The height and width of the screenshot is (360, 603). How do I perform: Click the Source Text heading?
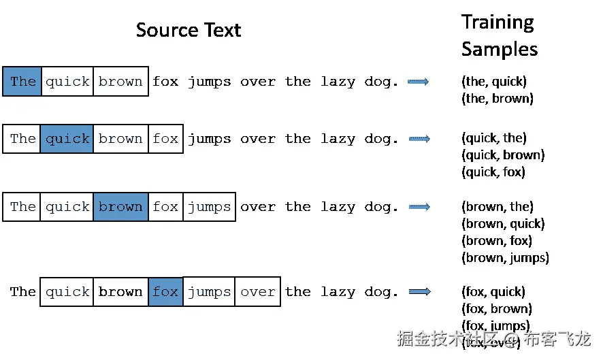click(x=189, y=31)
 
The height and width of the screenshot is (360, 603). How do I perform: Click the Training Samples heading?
click(x=499, y=35)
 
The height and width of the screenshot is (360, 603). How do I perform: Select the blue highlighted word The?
click(x=22, y=82)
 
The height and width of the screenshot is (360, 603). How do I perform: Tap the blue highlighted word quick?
click(x=67, y=139)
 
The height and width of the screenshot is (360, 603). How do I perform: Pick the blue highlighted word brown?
click(x=120, y=207)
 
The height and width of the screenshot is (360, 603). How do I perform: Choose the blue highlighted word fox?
click(x=165, y=292)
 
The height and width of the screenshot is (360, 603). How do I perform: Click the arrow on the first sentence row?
click(x=418, y=82)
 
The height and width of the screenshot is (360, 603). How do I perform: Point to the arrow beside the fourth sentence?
click(x=419, y=292)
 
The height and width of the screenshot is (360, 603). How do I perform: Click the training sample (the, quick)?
click(x=493, y=82)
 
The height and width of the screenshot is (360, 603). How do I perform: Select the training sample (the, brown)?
click(x=497, y=99)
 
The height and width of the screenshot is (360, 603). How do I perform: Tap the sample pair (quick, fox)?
click(x=493, y=172)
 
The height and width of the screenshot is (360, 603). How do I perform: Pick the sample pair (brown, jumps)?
click(x=505, y=258)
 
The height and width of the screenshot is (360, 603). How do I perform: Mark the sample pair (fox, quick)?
click(x=493, y=292)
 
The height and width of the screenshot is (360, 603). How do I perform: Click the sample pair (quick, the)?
click(x=493, y=138)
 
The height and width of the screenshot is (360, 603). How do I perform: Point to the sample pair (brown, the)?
click(x=497, y=207)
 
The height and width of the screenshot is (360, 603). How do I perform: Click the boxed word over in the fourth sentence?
click(x=258, y=292)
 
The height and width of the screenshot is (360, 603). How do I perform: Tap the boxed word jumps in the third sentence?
click(x=209, y=207)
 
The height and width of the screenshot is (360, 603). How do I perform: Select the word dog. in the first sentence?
click(x=381, y=82)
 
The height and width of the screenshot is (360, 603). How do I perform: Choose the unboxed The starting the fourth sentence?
click(x=22, y=292)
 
